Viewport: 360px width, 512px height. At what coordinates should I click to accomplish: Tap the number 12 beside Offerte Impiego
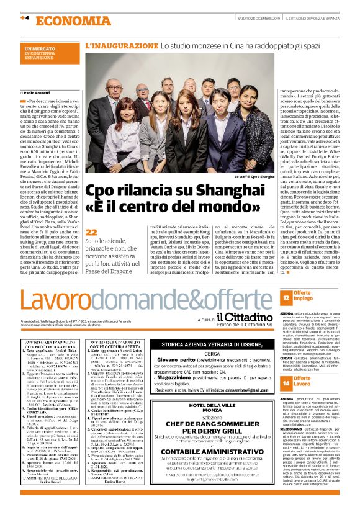[x=287, y=299]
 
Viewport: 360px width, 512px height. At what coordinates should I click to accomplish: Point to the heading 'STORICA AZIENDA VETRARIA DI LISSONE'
[x=213, y=344]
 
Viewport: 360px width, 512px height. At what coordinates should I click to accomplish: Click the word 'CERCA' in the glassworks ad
[x=213, y=353]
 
